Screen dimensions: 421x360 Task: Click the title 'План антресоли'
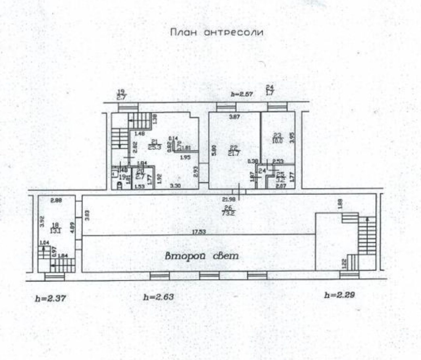(217, 33)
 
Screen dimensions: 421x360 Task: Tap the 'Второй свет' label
(201, 256)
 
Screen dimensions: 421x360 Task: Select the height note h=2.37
(51, 298)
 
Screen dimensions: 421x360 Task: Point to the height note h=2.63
(158, 297)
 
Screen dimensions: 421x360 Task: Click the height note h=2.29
(339, 295)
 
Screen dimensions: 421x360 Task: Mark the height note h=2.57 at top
(241, 94)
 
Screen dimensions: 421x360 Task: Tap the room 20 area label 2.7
(140, 176)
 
